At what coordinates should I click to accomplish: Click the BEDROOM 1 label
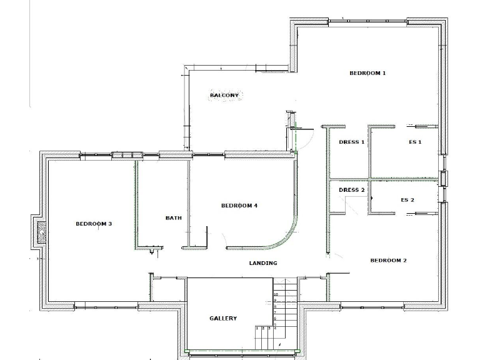367,73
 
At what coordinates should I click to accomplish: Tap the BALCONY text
224,95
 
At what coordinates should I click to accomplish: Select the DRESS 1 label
351,142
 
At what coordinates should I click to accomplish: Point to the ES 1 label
415,142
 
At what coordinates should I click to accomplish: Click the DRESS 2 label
351,190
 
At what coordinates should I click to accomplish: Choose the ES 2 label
407,200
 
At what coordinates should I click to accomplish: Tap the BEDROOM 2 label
388,260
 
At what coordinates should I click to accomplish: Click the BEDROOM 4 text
239,206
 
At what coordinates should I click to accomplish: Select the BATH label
173,218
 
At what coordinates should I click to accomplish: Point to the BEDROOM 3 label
94,224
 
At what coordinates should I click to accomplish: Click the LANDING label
262,263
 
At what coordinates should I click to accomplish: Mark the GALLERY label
222,318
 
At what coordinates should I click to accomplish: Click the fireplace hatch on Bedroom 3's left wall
42,232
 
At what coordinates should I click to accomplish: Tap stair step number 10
276,294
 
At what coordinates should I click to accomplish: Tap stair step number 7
276,312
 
